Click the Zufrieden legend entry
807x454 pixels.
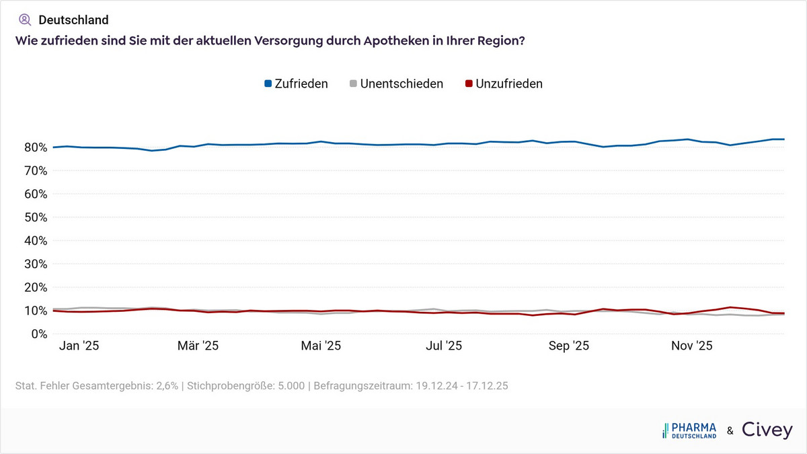296,84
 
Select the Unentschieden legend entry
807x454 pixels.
396,84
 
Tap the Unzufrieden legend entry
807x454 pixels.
504,84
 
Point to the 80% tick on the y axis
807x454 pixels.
34,148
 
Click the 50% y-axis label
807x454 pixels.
34,218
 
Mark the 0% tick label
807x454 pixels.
37,334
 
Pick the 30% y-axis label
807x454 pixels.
34,264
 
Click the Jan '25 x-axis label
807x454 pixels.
80,346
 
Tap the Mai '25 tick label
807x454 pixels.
321,346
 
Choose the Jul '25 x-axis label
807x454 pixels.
444,346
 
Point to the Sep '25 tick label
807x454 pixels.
569,346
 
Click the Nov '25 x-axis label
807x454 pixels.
692,346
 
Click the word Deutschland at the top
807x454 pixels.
73,20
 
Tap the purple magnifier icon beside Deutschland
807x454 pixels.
25,20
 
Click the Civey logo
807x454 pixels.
767,430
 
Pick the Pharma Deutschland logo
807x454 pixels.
689,430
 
